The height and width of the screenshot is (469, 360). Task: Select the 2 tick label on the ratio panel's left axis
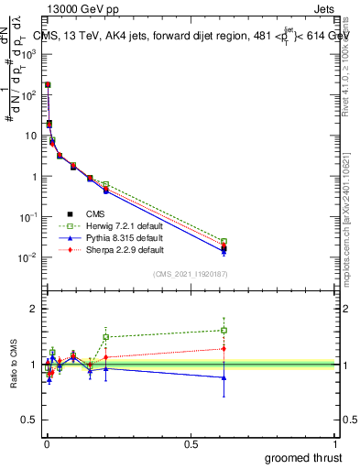coord(34,309)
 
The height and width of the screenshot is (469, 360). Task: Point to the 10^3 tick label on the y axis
coord(27,54)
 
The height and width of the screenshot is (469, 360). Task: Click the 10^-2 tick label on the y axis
coord(27,257)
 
